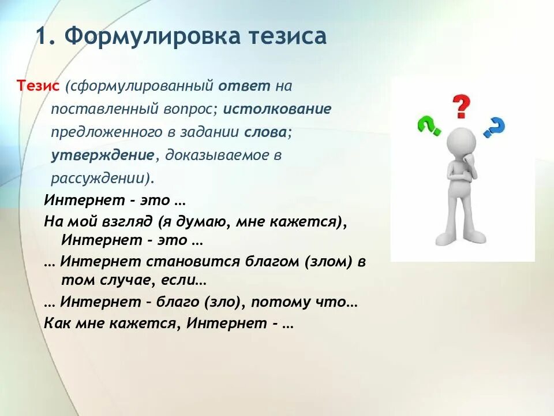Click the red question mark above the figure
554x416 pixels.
461,107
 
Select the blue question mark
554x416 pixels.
494,127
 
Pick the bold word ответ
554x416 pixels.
244,86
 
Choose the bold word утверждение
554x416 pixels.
102,155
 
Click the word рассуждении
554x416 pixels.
99,178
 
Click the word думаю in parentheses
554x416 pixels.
204,221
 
